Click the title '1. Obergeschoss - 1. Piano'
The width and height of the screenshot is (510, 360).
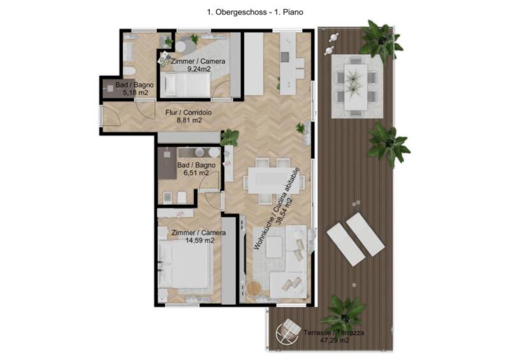pyautogui.click(x=255, y=12)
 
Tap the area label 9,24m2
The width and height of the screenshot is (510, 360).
pyautogui.click(x=199, y=69)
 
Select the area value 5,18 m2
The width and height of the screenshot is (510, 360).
pyautogui.click(x=136, y=92)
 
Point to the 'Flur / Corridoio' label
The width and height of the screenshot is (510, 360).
pyautogui.click(x=188, y=113)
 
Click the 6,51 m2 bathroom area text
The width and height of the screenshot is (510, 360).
pyautogui.click(x=196, y=173)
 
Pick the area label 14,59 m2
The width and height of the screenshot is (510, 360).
pyautogui.click(x=200, y=241)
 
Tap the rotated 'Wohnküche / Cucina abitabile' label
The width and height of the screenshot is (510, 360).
pyautogui.click(x=277, y=209)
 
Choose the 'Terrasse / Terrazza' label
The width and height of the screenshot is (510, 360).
pyautogui.click(x=333, y=333)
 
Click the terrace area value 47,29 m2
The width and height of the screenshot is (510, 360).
pyautogui.click(x=335, y=340)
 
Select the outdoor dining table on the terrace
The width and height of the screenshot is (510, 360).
pyautogui.click(x=356, y=87)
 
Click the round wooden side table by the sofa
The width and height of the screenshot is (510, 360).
pyautogui.click(x=253, y=288)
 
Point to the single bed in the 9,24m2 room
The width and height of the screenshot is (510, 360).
pyautogui.click(x=186, y=85)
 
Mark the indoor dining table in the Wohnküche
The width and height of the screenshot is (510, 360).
pyautogui.click(x=273, y=180)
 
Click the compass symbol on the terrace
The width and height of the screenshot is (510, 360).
pyautogui.click(x=288, y=332)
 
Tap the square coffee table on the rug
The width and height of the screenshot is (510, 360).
pyautogui.click(x=275, y=247)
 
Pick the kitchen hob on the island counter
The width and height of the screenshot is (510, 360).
pyautogui.click(x=285, y=57)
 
